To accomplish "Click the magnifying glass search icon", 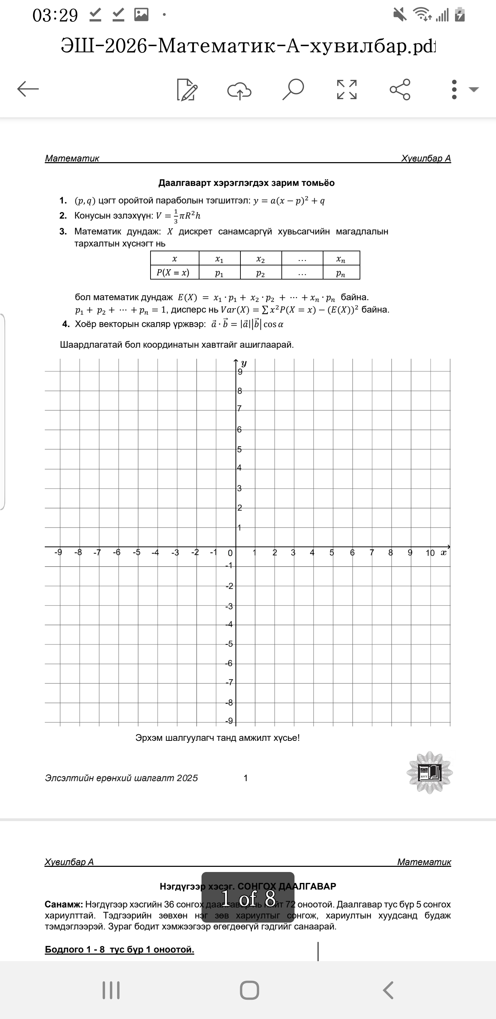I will pyautogui.click(x=293, y=90).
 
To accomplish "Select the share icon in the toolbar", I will pyautogui.click(x=400, y=90).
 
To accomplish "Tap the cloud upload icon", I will pyautogui.click(x=239, y=90).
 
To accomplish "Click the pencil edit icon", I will pyautogui.click(x=187, y=90).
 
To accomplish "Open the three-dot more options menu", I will pyautogui.click(x=454, y=90).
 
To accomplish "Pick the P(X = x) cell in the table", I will pyautogui.click(x=173, y=273).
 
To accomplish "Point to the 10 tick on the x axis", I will pyautogui.click(x=430, y=553).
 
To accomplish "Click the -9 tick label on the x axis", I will pyautogui.click(x=58, y=552).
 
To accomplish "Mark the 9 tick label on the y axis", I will pyautogui.click(x=240, y=372).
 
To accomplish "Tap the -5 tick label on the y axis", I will pyautogui.click(x=229, y=644).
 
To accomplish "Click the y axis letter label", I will pyautogui.click(x=244, y=363).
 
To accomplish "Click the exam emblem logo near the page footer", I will pyautogui.click(x=430, y=772).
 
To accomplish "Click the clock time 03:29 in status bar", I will pyautogui.click(x=55, y=15).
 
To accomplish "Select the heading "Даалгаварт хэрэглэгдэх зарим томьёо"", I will pyautogui.click(x=246, y=183).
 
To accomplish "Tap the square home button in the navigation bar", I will pyautogui.click(x=249, y=990).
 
